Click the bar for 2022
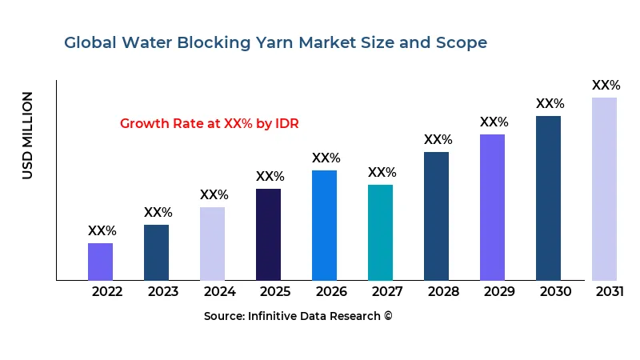(100, 262)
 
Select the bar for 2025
(268, 234)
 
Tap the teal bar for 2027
(380, 233)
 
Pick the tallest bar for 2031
(604, 189)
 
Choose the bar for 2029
(492, 207)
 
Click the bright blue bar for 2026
(324, 225)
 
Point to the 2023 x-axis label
(163, 292)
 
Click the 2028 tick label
(443, 292)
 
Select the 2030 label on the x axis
(555, 292)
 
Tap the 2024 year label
(219, 292)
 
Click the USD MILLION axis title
(28, 135)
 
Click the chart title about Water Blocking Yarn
(275, 42)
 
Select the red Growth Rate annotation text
(209, 124)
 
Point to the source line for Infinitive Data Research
(298, 316)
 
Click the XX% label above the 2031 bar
(606, 86)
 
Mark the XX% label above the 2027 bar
(382, 173)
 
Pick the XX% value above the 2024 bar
(214, 195)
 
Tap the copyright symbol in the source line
(388, 316)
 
